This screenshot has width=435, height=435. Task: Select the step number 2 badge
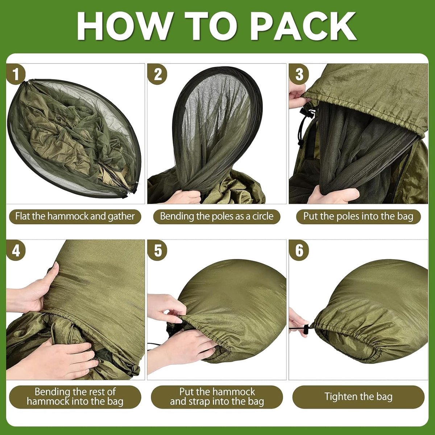(x=157, y=74)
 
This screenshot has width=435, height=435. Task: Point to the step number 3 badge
(x=299, y=74)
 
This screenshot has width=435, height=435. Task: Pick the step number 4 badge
(x=16, y=250)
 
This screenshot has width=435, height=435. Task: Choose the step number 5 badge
(x=157, y=250)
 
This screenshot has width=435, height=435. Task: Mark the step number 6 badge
(x=299, y=250)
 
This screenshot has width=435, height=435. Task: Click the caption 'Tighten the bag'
(x=358, y=397)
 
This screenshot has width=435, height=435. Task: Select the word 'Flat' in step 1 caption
(x=23, y=216)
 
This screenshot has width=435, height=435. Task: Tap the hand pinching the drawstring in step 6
(x=297, y=323)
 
